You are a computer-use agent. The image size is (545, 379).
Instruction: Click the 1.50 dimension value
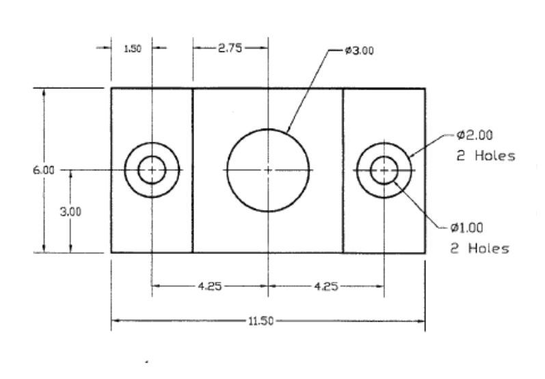coord(133,49)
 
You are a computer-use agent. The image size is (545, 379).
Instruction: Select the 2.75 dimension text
coord(230,48)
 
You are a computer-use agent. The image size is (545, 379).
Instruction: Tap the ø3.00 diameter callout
coord(360,51)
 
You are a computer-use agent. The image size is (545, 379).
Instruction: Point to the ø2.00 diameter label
coord(475,135)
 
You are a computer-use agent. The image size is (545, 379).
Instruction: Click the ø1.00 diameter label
coord(467,228)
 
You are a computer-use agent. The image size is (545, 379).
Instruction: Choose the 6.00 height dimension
coord(44,170)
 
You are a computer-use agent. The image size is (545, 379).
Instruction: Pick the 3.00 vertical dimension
coord(70,212)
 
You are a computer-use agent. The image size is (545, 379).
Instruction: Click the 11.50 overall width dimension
coord(261,321)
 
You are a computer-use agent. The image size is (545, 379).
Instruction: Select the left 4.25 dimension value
coord(210,287)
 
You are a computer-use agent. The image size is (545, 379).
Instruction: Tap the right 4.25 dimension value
coord(326,287)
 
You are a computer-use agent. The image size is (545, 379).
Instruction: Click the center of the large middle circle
coord(268,170)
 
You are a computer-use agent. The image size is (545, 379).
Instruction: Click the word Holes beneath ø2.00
coord(495,156)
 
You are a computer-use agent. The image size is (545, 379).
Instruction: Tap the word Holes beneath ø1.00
coord(489,248)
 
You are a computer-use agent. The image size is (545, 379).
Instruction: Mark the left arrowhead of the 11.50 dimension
coord(116,321)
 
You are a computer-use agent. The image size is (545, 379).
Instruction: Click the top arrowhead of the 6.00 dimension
coord(44,92)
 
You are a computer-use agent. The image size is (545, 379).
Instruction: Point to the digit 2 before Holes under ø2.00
coord(460,156)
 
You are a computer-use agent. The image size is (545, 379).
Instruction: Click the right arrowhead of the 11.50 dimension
coord(421,321)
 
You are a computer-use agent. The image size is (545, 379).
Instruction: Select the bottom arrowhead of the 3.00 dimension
coord(70,248)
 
